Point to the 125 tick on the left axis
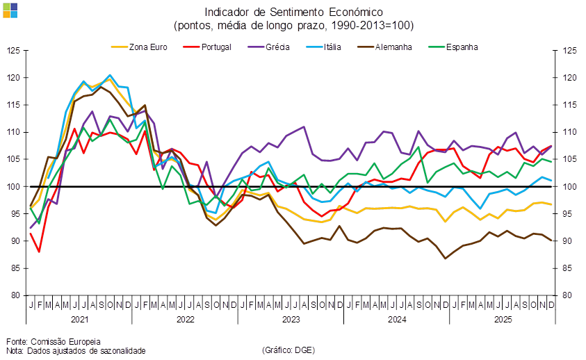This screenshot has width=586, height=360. click(x=14, y=51)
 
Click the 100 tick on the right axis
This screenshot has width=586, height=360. click(x=569, y=186)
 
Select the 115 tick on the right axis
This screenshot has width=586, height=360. click(x=569, y=105)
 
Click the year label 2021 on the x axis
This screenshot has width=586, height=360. click(x=79, y=320)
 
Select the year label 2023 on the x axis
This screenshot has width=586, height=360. click(x=291, y=320)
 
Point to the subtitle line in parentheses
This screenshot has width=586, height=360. click(x=293, y=26)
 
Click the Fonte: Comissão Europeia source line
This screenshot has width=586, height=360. click(x=54, y=341)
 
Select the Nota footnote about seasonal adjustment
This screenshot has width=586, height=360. click(x=76, y=351)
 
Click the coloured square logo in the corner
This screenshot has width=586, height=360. click(x=10, y=9)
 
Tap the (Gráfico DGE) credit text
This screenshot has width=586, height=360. click(x=288, y=350)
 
